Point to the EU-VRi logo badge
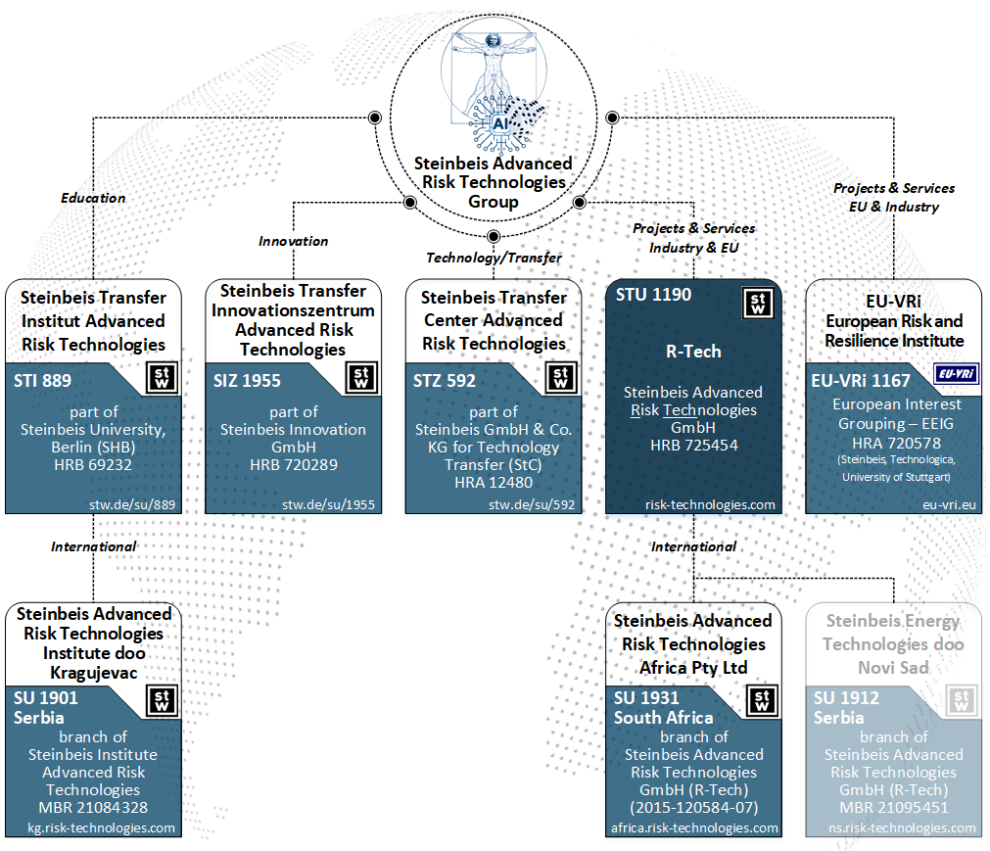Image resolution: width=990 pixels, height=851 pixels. tap(957, 374)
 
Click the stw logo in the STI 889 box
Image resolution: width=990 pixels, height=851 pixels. tap(163, 379)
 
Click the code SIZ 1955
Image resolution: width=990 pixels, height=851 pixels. tap(248, 380)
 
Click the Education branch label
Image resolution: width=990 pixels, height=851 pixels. tap(94, 198)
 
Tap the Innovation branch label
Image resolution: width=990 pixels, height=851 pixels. tap(294, 241)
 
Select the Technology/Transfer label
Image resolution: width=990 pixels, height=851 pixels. tap(494, 258)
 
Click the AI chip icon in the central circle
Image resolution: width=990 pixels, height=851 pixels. tap(499, 123)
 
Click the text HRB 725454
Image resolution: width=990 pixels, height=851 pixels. tap(693, 446)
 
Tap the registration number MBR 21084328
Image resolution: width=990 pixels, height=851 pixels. tap(93, 807)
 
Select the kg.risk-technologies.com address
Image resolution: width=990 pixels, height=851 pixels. tap(101, 827)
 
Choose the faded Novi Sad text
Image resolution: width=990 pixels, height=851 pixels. tap(893, 667)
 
